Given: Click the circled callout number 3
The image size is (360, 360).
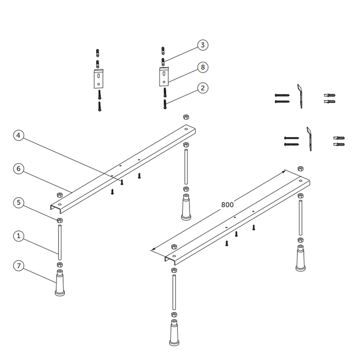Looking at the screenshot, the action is tap(203, 45).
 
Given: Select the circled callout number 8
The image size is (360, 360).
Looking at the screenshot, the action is tap(203, 67).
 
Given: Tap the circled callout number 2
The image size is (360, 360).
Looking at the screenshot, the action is tap(203, 88).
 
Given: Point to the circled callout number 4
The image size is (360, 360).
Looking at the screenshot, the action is tap(19, 135).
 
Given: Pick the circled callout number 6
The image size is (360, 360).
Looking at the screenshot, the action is tap(19, 169).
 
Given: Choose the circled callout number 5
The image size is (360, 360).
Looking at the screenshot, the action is tap(19, 202).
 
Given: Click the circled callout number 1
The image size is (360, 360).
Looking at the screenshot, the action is tap(19, 236).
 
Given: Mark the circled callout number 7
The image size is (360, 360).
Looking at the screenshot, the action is tap(19, 266).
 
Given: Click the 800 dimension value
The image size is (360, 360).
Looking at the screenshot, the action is tap(227, 204).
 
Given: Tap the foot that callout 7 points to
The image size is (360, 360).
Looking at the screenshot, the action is tap(60, 283).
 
